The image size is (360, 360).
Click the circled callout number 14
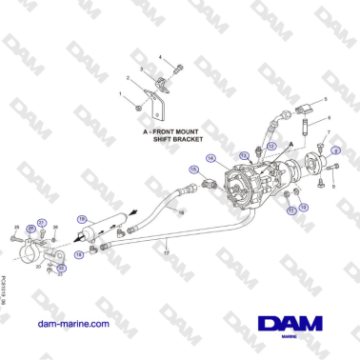pyautogui.click(x=211, y=158)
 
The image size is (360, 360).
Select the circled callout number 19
pyautogui.click(x=82, y=218)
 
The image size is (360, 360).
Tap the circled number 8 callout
pyautogui.click(x=335, y=151)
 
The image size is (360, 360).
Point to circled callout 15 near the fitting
pyautogui.click(x=193, y=171)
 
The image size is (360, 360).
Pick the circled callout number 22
pyautogui.click(x=61, y=268)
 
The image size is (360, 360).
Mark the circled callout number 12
pyautogui.click(x=303, y=206)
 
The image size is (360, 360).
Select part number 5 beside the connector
pyautogui.click(x=324, y=99)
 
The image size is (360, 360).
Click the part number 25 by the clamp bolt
pyautogui.click(x=17, y=227)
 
